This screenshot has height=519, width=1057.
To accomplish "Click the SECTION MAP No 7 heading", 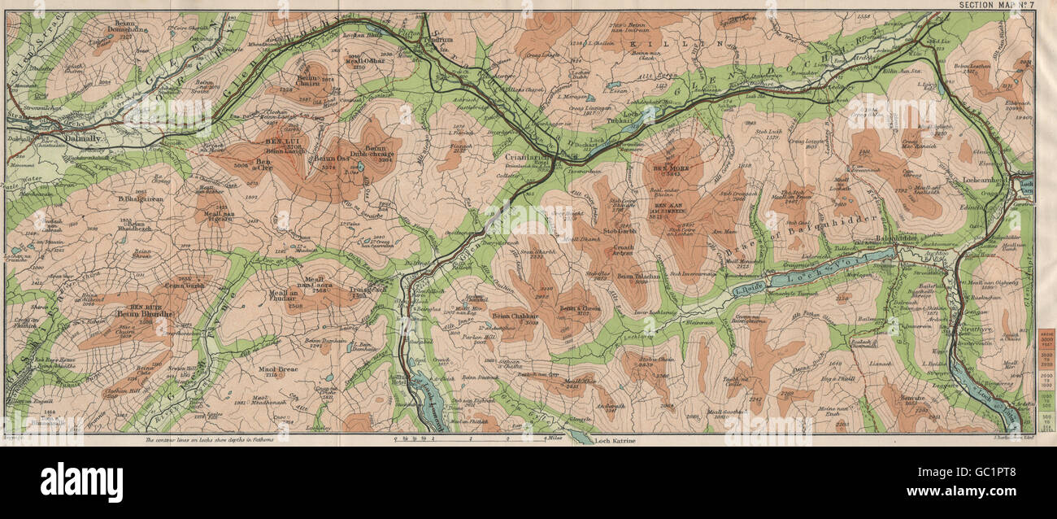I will pos(994,5).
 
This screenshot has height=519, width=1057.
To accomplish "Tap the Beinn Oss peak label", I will pos(324,159).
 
